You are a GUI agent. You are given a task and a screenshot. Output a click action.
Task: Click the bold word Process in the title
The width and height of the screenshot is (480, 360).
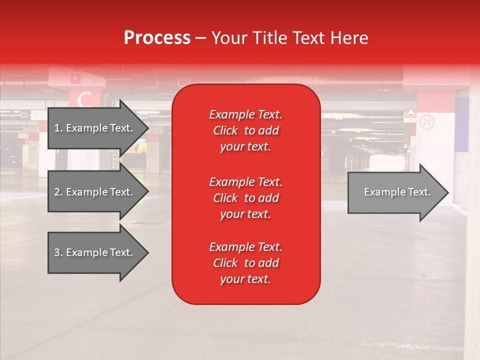[157, 38]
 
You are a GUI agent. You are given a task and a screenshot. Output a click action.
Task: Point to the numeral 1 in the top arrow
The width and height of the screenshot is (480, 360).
[57, 128]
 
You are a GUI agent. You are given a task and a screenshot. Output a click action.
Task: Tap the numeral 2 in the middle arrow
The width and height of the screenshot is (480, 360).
[57, 192]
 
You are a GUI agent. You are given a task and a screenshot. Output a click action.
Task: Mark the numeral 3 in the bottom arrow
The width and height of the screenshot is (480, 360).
[57, 253]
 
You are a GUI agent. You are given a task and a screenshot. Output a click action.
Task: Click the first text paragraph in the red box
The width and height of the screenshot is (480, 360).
[245, 130]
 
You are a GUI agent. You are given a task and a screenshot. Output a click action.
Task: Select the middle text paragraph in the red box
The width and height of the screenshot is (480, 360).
[245, 198]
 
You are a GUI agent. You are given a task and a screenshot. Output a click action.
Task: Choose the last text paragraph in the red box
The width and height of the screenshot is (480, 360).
[245, 263]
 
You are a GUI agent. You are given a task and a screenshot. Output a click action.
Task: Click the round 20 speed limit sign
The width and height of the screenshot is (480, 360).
[426, 122]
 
